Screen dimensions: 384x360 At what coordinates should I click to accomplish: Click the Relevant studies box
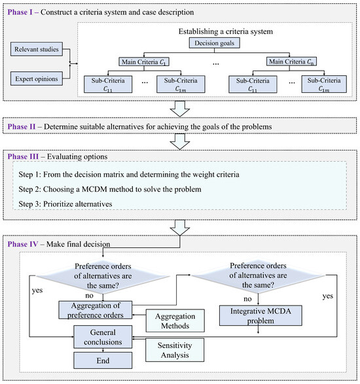tap(37, 48)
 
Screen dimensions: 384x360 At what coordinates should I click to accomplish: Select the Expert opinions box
tap(37, 79)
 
